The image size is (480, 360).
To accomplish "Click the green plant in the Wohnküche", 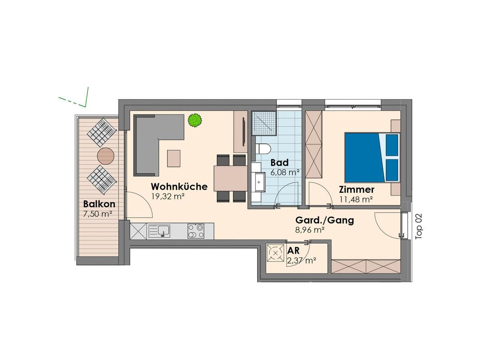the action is pyautogui.click(x=194, y=120).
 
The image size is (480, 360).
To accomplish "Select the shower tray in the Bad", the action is pyautogui.click(x=264, y=122).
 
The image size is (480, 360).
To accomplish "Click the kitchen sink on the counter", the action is pyautogui.click(x=160, y=231).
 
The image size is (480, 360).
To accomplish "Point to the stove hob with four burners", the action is pyautogui.click(x=196, y=231).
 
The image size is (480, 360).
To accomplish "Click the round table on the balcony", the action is pyautogui.click(x=106, y=156).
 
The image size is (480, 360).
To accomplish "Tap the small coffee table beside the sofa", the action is pyautogui.click(x=174, y=158).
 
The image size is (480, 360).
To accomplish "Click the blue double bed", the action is pyautogui.click(x=372, y=157).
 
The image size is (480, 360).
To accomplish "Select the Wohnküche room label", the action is pyautogui.click(x=179, y=187).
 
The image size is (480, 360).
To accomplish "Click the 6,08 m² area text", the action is pyautogui.click(x=285, y=173).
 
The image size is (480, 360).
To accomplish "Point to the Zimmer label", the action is pyautogui.click(x=356, y=190).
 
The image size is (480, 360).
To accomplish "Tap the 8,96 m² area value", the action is pyautogui.click(x=310, y=230).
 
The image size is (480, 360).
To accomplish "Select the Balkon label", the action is pyautogui.click(x=99, y=204).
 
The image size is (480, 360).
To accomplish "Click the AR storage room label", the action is pyautogui.click(x=294, y=251).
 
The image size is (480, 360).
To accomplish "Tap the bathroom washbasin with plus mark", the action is pyautogui.click(x=258, y=182).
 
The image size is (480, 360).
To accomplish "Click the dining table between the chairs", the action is pyautogui.click(x=230, y=178).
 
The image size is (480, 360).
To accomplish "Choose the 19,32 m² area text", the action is pyautogui.click(x=168, y=196).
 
